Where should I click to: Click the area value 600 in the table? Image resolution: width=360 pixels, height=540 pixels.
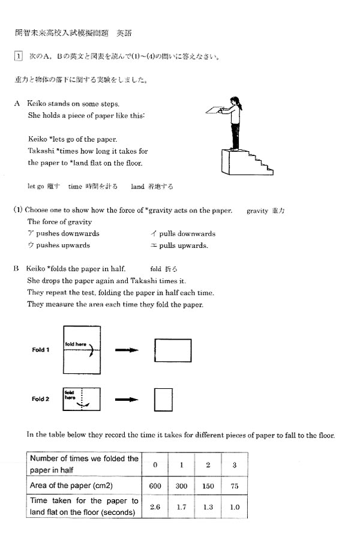(155, 485)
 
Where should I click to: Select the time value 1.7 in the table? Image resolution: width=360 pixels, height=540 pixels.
(181, 507)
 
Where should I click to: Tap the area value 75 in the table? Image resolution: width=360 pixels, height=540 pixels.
(235, 485)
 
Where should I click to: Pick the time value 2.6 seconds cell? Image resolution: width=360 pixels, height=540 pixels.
(155, 507)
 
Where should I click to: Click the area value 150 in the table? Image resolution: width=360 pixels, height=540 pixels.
(208, 485)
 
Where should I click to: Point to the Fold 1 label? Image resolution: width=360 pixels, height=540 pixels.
(41, 350)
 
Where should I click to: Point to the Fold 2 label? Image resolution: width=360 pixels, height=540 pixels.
(41, 399)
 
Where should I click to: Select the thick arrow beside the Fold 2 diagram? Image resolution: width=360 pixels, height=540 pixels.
(127, 400)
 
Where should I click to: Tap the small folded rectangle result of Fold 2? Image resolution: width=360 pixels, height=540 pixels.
(163, 400)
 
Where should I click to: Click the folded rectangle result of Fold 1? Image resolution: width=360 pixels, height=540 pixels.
(173, 350)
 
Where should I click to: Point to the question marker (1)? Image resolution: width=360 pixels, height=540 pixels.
(19, 211)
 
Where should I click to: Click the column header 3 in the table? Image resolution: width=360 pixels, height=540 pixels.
(235, 464)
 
